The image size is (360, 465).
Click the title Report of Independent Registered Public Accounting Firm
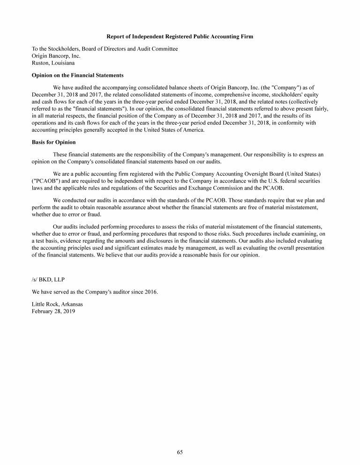tap(180, 37)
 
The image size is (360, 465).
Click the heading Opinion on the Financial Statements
tap(77, 75)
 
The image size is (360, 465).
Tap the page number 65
tap(180, 452)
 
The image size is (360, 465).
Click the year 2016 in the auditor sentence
tap(151, 292)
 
